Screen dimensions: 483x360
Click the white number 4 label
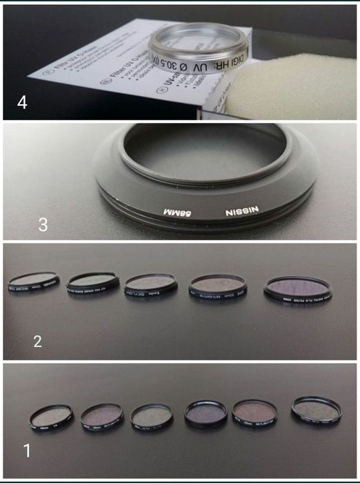pos(22,103)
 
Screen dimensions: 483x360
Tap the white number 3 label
pos(45,225)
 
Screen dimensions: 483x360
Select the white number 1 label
pos(28,452)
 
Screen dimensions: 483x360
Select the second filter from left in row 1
pos(101,416)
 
